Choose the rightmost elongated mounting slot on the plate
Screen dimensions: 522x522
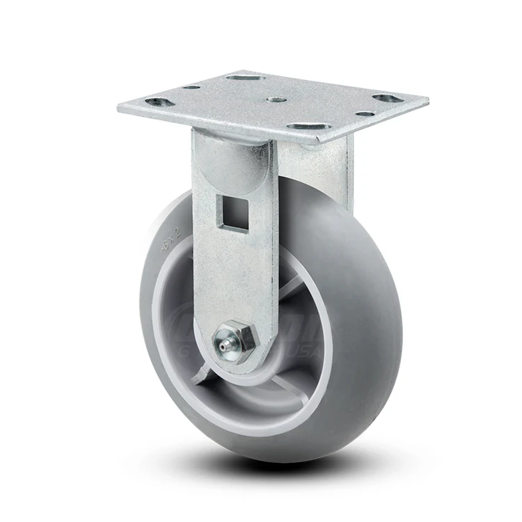(388, 98)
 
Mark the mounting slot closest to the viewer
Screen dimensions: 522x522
(306, 127)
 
